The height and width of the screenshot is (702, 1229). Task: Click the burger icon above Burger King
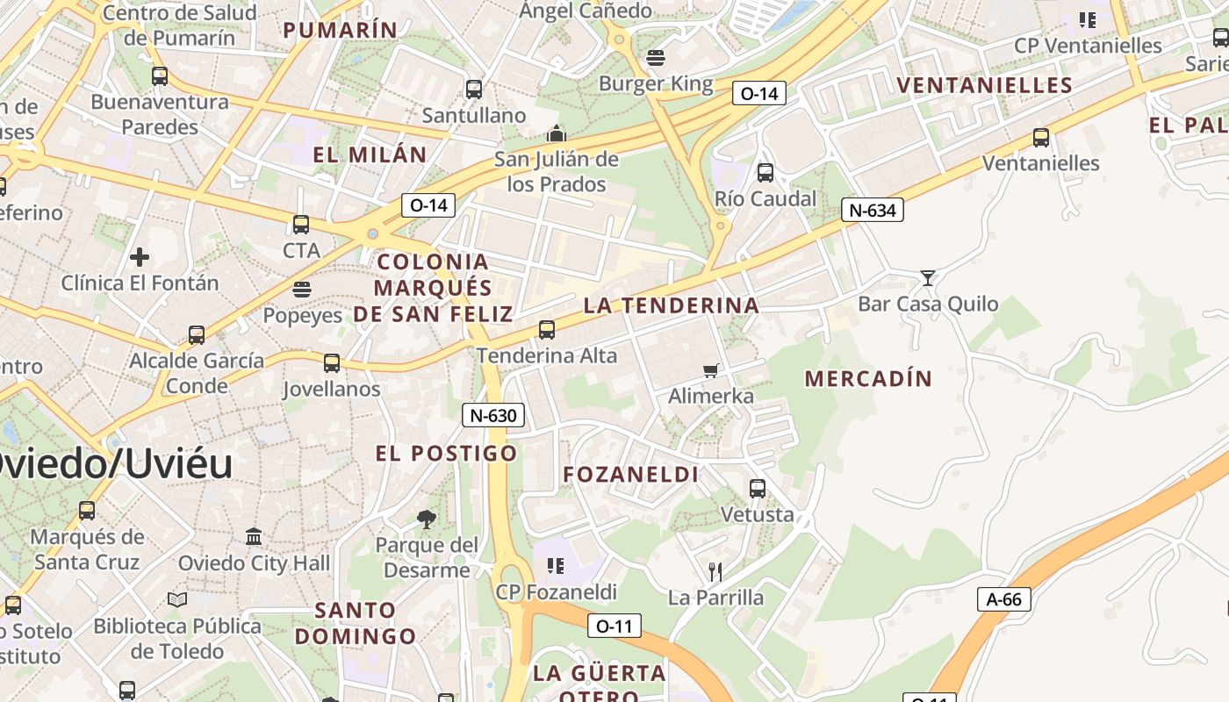point(656,59)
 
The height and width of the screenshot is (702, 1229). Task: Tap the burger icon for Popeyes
point(302,290)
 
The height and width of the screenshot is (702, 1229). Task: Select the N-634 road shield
point(873,210)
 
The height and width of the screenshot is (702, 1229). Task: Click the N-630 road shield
point(493,415)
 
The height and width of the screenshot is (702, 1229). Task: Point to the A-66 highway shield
point(1003,599)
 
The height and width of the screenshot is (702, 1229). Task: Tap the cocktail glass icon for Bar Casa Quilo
point(927,278)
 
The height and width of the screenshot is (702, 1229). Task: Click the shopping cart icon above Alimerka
point(711,370)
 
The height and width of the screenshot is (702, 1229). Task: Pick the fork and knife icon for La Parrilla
point(715,572)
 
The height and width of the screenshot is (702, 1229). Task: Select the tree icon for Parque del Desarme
point(427,519)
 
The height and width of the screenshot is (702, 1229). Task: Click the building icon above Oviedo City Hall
point(255,536)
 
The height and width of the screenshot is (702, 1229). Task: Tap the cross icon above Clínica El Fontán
point(140,257)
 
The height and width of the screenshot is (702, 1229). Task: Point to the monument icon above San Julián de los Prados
point(556,134)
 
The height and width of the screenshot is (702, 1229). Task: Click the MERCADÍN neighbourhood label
point(868,379)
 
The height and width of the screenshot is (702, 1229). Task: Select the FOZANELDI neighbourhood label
point(630,475)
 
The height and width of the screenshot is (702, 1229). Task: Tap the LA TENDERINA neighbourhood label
point(671,305)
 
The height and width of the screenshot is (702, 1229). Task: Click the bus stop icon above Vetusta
point(758,489)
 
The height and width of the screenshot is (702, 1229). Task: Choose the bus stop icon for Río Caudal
point(765,173)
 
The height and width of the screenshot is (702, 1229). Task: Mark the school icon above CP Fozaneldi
point(556,566)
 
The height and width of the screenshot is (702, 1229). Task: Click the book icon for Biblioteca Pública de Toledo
point(177,599)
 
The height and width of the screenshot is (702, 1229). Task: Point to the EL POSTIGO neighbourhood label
point(447,454)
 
